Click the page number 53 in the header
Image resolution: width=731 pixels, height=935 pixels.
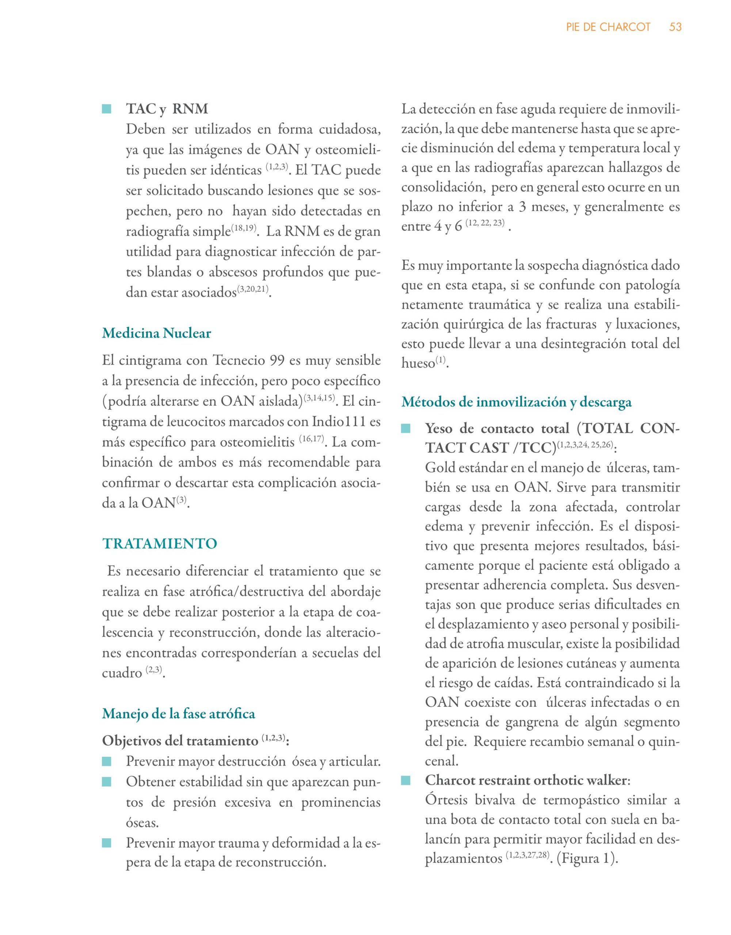(675, 27)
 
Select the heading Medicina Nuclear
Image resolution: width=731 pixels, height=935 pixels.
(156, 333)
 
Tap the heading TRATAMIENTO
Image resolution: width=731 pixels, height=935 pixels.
(160, 544)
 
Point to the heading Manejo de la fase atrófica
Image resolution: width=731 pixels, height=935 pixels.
(179, 714)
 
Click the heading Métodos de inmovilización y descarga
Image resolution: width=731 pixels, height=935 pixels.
(516, 402)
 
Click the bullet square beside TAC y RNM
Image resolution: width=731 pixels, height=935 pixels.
(107, 110)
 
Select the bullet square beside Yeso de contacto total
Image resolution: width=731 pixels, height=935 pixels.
(406, 428)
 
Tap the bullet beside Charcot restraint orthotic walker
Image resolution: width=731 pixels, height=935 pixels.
(406, 781)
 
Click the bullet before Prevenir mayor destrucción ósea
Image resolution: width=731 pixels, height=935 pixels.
(107, 762)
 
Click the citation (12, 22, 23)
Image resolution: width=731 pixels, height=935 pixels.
(485, 224)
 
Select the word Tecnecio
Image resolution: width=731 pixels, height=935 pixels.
(239, 360)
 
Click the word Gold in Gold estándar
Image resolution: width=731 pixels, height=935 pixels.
(440, 467)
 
